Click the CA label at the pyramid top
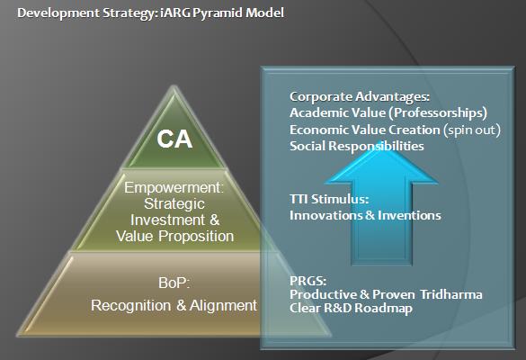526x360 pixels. point(174,139)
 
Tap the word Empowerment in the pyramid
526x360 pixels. point(174,187)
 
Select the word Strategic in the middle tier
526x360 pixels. point(174,203)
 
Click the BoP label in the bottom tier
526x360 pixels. point(174,283)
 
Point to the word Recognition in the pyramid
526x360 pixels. point(130,306)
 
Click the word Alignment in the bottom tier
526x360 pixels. point(223,306)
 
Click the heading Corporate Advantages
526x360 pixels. point(360,96)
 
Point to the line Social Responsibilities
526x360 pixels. point(357,146)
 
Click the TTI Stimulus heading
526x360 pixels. point(329,199)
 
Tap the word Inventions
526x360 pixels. point(409,215)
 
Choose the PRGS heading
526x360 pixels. point(308,281)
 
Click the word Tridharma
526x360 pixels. point(451,294)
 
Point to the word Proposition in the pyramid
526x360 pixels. point(196,237)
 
